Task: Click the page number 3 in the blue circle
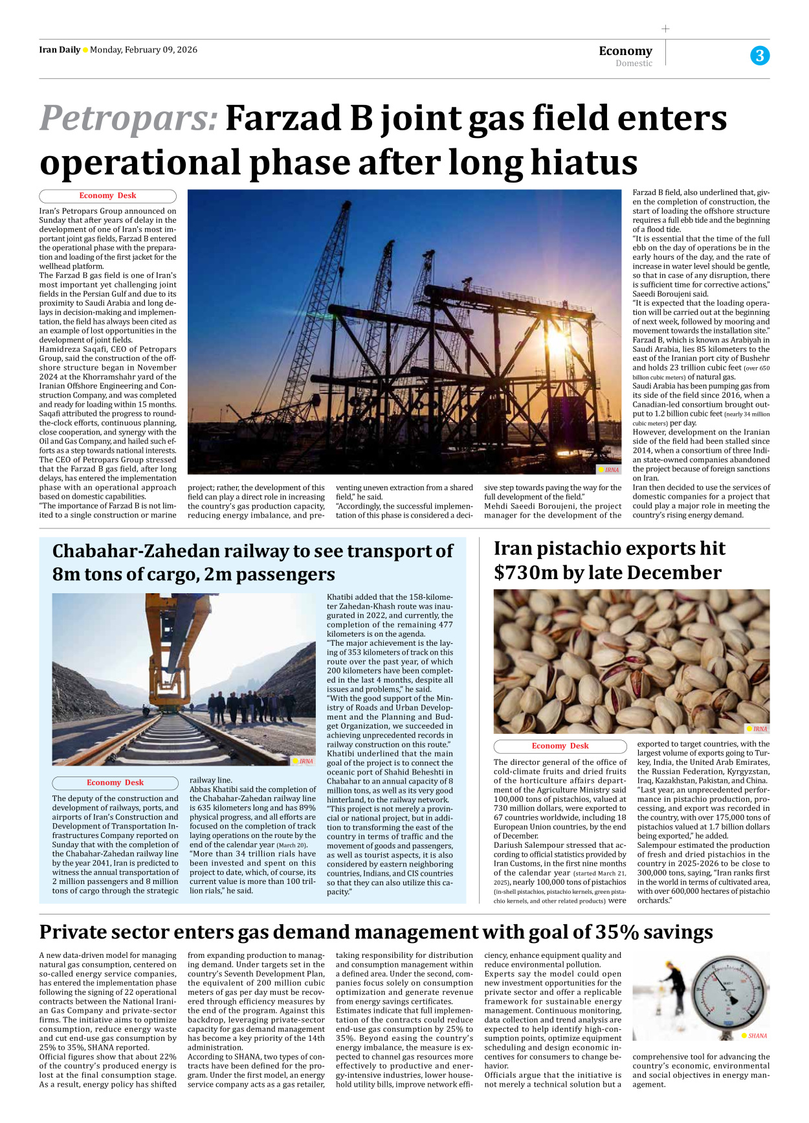coord(760,56)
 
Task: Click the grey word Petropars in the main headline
coord(128,119)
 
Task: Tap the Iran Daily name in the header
coord(60,50)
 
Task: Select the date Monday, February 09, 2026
coord(144,50)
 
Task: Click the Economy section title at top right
coord(625,51)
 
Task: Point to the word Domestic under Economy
coord(634,63)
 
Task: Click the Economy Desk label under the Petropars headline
coord(107,196)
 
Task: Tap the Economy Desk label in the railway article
coord(115,782)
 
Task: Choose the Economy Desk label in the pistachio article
coord(560,745)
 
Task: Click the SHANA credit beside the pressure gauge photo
coord(757,1036)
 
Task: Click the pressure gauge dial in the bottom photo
coord(730,995)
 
